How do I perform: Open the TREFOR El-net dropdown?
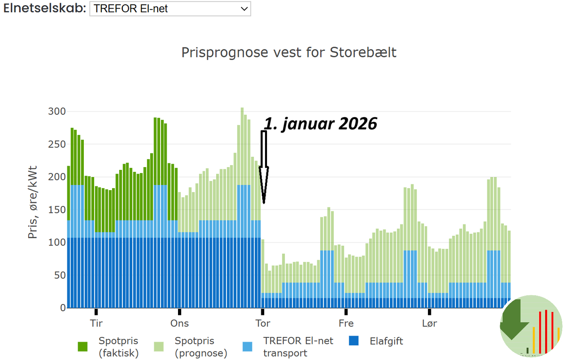coord(170,9)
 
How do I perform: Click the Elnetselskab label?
coord(45,8)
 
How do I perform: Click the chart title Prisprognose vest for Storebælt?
coord(289,53)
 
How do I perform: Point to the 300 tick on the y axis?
coord(57,112)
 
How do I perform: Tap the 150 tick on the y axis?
coord(57,210)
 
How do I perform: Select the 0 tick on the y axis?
coord(63,308)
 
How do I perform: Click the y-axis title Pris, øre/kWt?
coord(32,202)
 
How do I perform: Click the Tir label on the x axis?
coord(96,323)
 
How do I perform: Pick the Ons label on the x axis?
coord(179,323)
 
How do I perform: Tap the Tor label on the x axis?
coord(263,323)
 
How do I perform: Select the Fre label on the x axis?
coord(346,323)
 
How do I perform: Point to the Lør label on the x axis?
coord(429,323)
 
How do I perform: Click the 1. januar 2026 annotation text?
coord(320,124)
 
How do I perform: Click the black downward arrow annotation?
coord(264,167)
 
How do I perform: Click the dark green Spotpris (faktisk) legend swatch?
coord(83,347)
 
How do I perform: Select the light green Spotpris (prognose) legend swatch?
coord(159,347)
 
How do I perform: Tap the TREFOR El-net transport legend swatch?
coord(247,347)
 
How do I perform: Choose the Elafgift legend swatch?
coord(354,341)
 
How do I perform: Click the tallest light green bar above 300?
coord(242,146)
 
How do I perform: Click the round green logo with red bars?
coord(531,326)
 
